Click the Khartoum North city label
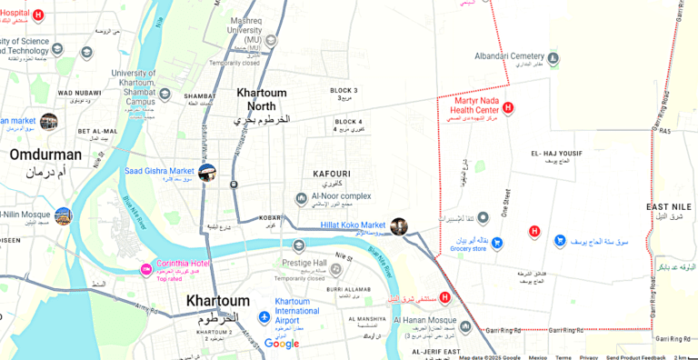262,99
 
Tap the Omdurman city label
45,155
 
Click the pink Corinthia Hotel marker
145,270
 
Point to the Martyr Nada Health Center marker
508,108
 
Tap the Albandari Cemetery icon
553,60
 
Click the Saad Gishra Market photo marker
207,172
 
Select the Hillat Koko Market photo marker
398,226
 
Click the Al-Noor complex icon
301,199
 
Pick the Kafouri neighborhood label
331,173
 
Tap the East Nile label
669,207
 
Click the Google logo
282,344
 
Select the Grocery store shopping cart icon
497,243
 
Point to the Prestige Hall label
304,263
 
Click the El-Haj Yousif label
556,153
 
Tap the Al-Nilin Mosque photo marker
63,215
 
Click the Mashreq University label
245,30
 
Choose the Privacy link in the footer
589,357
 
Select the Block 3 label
344,91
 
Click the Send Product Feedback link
635,357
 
